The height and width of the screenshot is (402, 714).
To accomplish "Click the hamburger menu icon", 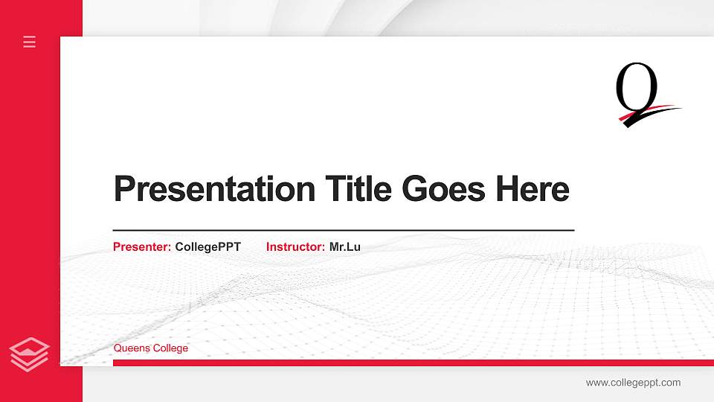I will coord(30,42).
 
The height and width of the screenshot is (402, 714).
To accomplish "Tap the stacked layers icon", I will coord(30,354).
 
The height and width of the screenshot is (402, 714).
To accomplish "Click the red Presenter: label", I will coord(142,246).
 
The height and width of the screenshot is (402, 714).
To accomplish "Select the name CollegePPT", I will coord(208,246).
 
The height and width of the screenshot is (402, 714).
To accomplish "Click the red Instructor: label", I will coord(295,246).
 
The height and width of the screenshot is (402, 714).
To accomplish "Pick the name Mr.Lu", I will coord(345,246).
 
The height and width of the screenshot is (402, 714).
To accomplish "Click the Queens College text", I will coord(151,348).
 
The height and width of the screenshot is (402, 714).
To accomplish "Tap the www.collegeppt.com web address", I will coord(633,383).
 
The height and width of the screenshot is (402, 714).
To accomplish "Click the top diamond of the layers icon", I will coord(30,345).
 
